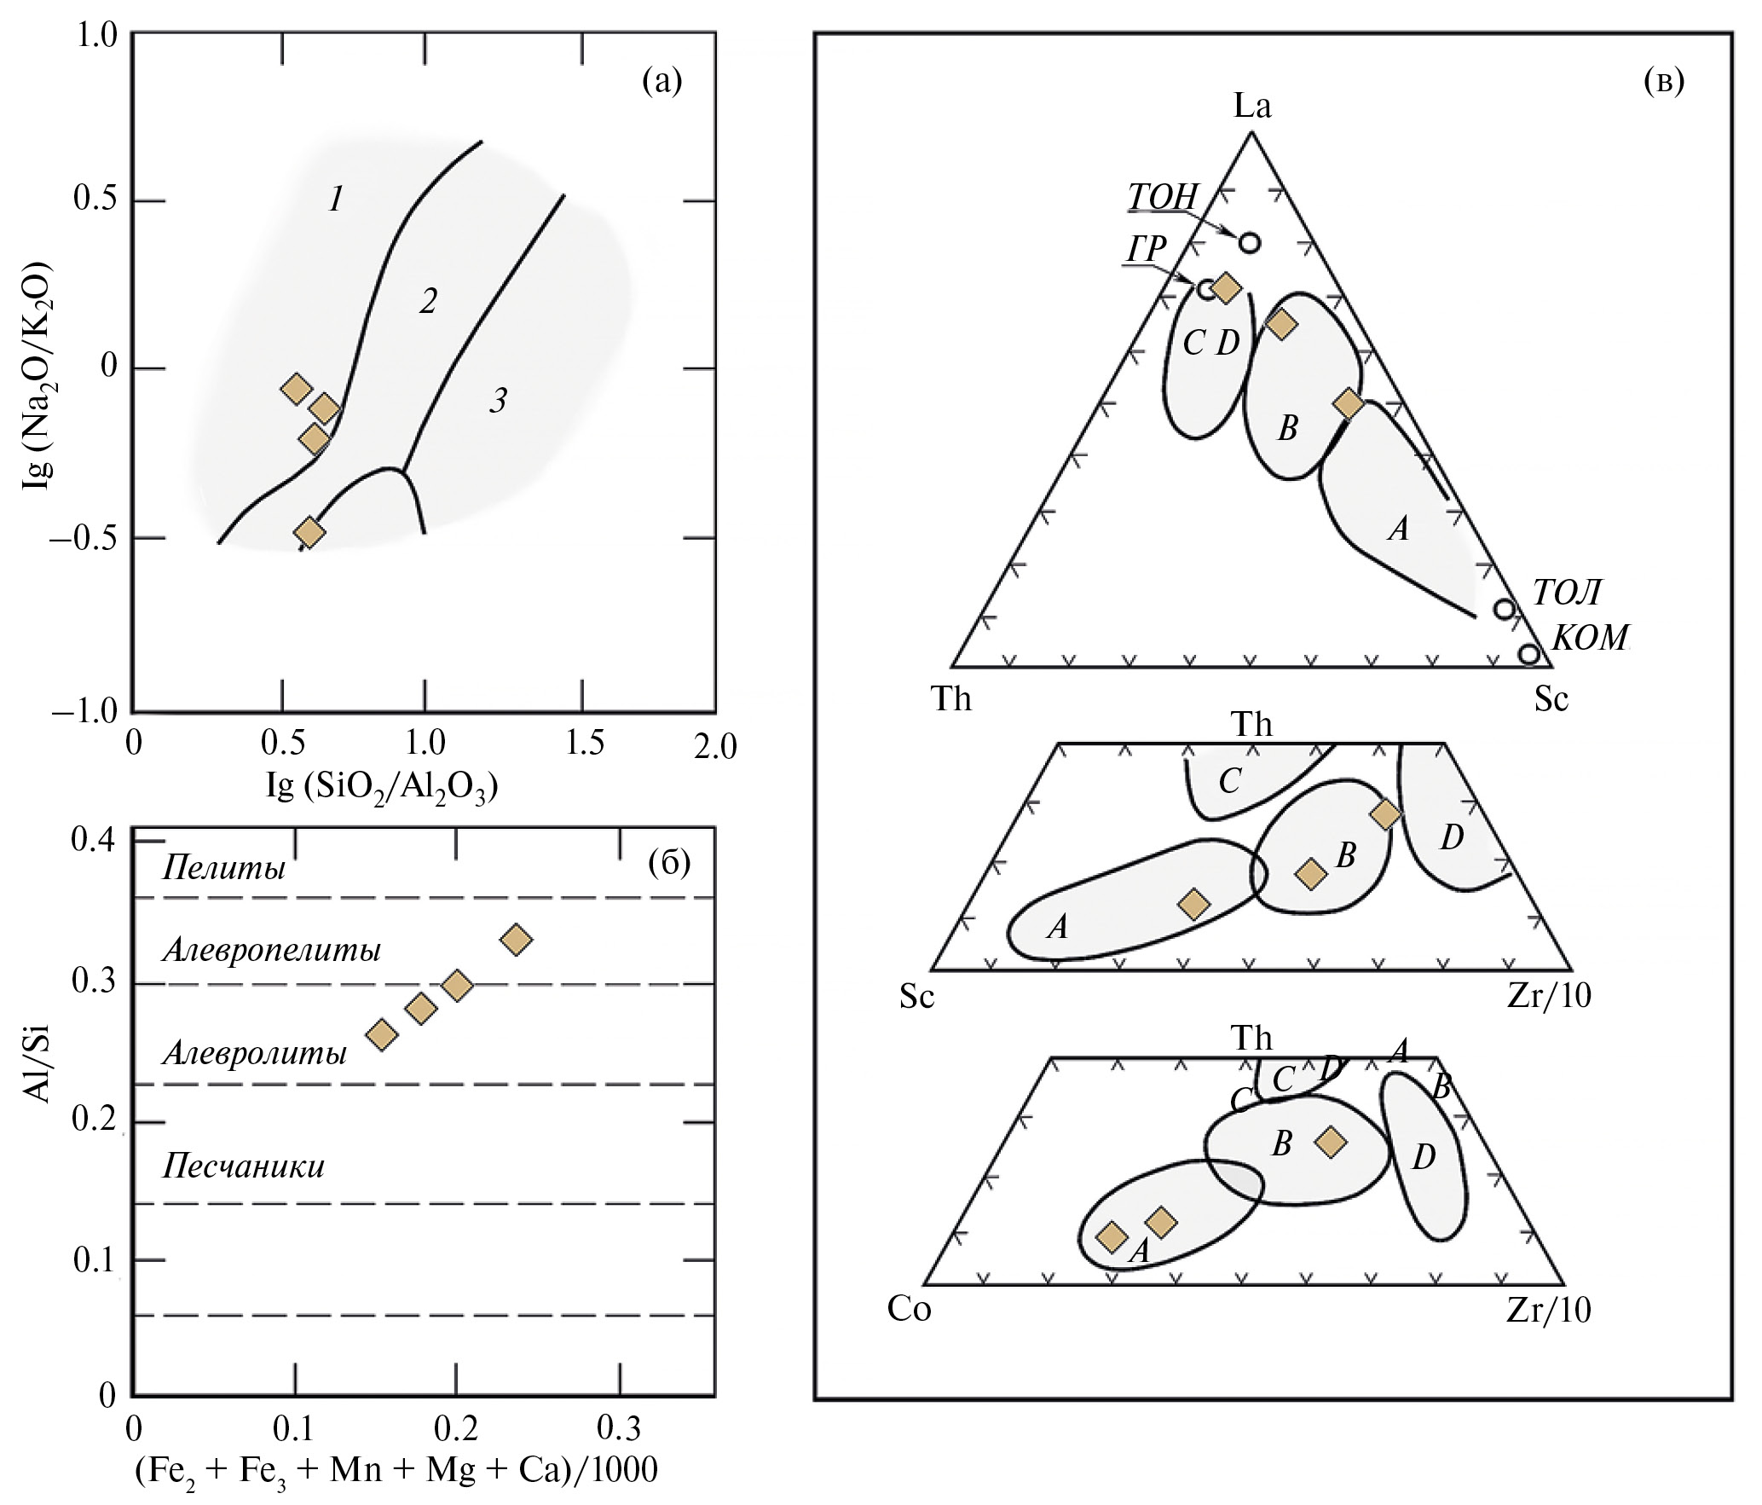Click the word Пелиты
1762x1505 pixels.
coord(223,869)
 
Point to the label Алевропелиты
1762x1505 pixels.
coord(271,949)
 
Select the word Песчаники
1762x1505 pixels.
coord(244,1166)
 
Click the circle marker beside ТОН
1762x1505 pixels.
coord(1250,242)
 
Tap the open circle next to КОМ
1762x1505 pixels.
coord(1529,654)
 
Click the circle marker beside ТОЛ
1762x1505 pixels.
coord(1505,609)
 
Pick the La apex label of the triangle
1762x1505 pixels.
coord(1252,106)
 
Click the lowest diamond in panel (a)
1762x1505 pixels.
coord(309,532)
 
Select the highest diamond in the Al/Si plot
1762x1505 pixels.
coord(516,940)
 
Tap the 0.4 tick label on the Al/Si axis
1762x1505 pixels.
coord(93,841)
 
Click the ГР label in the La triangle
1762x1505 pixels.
coord(1146,249)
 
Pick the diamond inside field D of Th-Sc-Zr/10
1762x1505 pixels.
coord(1386,813)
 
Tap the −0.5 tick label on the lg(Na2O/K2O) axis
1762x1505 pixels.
coord(83,539)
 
